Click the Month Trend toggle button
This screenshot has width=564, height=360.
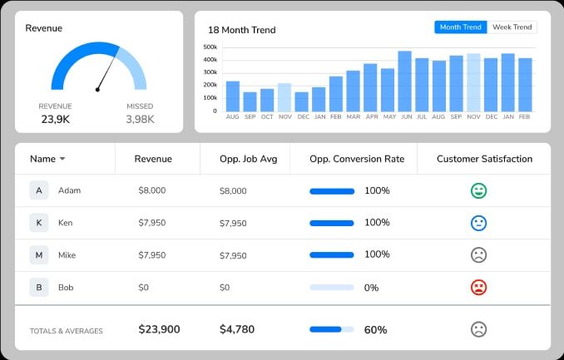click(460, 27)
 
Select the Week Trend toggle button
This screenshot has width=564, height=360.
click(512, 27)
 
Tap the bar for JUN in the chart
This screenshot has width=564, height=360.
click(405, 81)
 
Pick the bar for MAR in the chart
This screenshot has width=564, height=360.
click(353, 91)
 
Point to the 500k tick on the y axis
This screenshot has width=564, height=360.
click(210, 47)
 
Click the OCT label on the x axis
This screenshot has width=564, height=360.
click(267, 117)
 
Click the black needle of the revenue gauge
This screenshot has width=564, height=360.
click(106, 73)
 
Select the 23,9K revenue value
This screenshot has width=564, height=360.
click(55, 119)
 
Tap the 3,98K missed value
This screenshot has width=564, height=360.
click(140, 119)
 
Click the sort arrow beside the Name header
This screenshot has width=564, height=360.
click(62, 159)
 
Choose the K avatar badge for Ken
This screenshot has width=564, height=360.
click(38, 223)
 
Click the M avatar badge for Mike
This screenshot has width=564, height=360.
click(38, 255)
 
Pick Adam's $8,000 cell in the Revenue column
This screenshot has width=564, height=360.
click(152, 190)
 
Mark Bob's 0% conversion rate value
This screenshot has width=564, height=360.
click(371, 288)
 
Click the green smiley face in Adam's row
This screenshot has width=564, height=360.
click(478, 191)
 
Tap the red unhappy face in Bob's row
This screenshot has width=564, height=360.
click(478, 288)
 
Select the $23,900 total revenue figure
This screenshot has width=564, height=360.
click(159, 329)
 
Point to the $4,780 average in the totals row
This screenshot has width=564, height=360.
click(237, 329)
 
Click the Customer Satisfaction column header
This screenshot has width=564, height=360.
click(484, 159)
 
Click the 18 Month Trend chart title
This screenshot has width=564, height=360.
click(241, 30)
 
